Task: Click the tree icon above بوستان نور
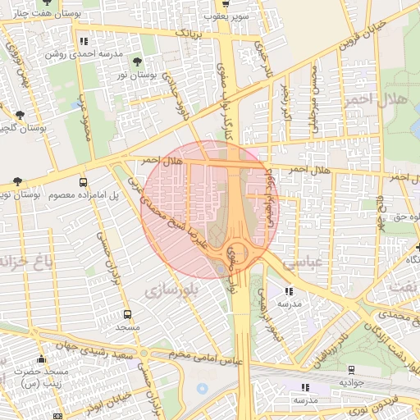(x=136, y=62)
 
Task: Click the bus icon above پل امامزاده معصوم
(x=83, y=182)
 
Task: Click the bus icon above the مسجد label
(x=126, y=314)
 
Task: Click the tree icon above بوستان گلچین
(x=20, y=116)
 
